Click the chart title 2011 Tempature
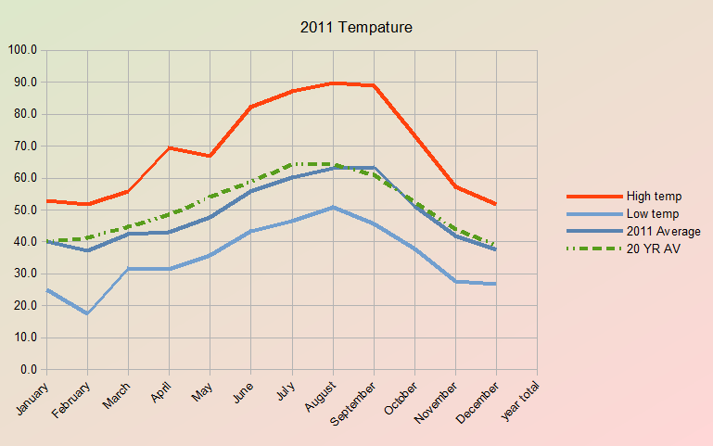click(356, 28)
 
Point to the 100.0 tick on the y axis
click(21, 50)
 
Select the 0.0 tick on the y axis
click(28, 370)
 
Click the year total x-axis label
click(521, 401)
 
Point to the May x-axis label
click(202, 393)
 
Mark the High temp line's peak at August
click(333, 83)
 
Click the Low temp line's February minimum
click(87, 313)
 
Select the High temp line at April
click(169, 147)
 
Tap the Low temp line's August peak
click(333, 208)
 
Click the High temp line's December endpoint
click(496, 204)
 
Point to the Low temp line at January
click(46, 290)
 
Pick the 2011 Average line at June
click(250, 191)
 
